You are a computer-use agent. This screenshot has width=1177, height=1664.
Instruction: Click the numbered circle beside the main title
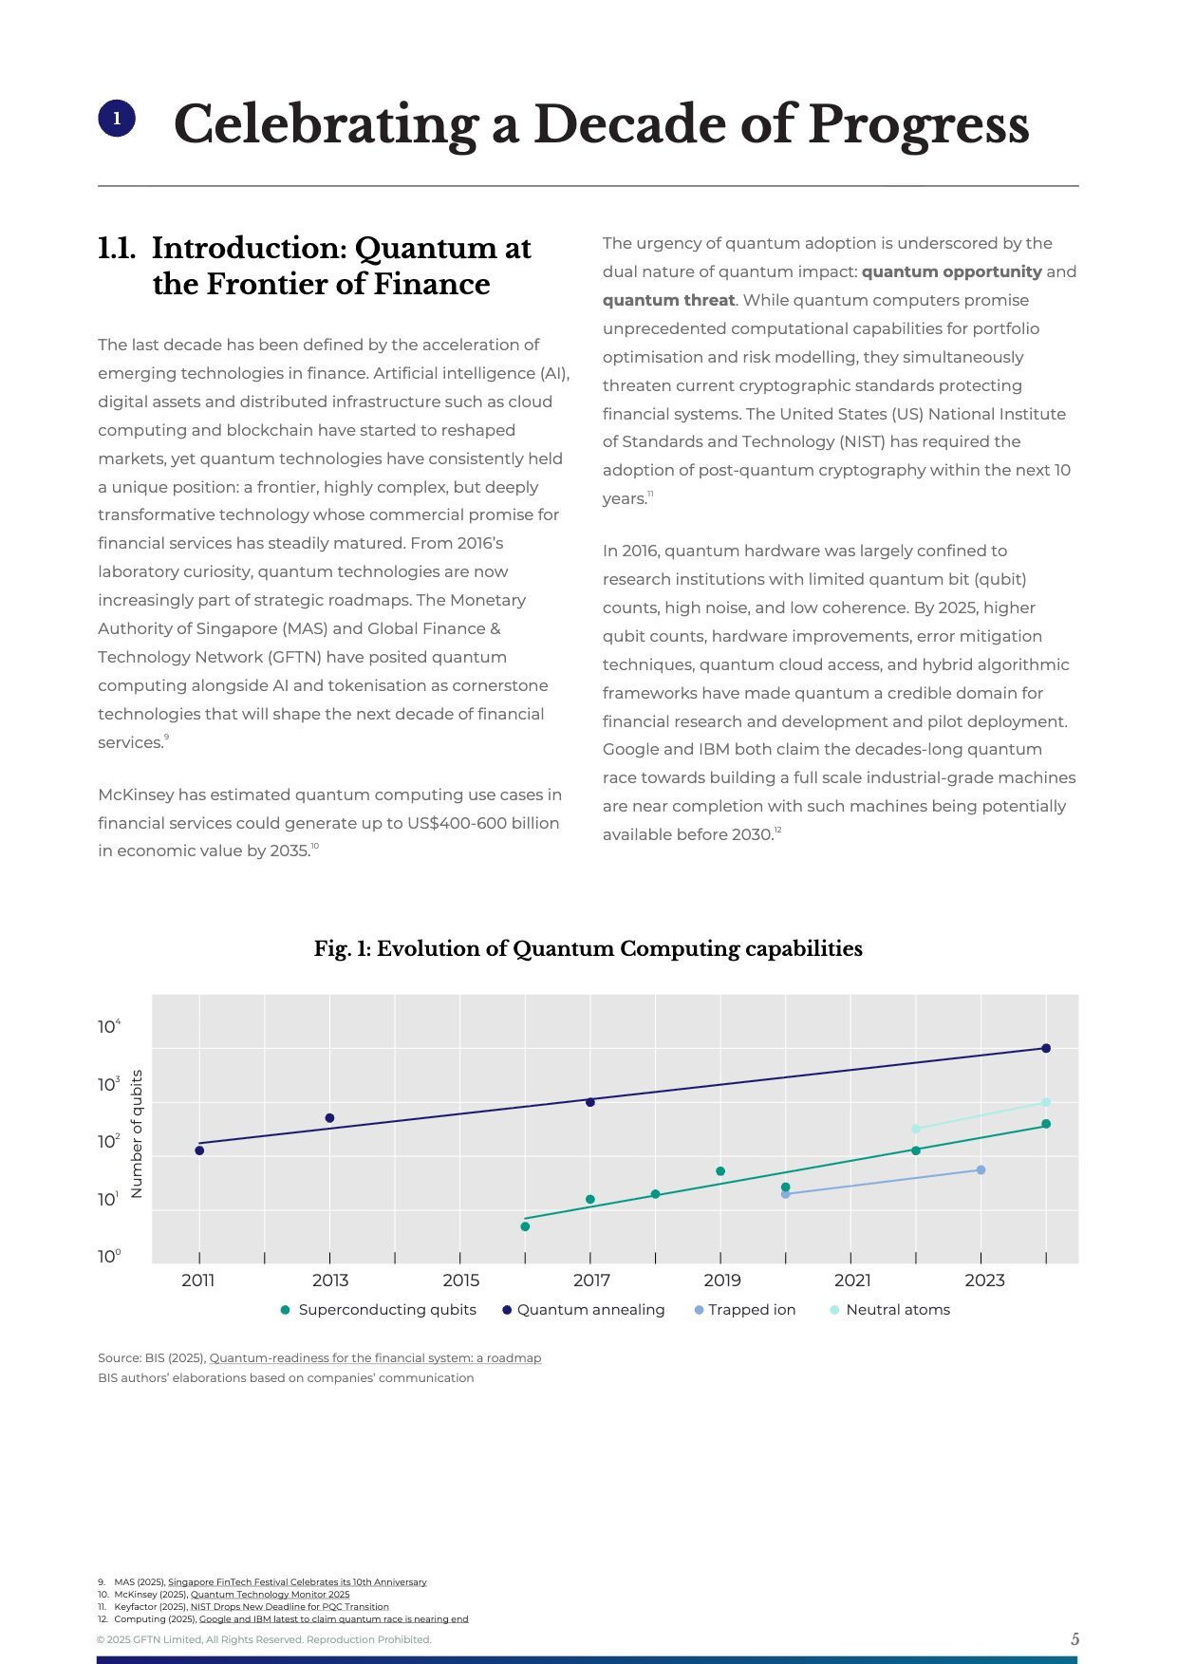pos(117,119)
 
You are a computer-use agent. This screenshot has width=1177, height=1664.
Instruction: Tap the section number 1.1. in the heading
pos(117,249)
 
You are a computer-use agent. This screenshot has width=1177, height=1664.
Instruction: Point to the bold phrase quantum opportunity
pos(951,271)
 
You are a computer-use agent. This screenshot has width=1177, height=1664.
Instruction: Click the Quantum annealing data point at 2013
pos(329,1118)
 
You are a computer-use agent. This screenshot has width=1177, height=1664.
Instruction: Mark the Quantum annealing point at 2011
pos(199,1150)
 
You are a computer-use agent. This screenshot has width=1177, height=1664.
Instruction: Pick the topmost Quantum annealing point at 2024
pos(1046,1048)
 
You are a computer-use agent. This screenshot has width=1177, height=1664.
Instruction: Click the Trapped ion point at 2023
pos(981,1169)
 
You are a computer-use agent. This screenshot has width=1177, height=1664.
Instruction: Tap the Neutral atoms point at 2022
pos(916,1129)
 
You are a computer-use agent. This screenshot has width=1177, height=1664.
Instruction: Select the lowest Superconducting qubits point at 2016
pos(525,1226)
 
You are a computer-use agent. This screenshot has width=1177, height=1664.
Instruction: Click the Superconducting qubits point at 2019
pos(720,1171)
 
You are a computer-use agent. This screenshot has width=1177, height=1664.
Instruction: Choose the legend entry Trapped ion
pos(751,1310)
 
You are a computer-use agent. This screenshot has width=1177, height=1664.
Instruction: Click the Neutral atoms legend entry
pos(897,1310)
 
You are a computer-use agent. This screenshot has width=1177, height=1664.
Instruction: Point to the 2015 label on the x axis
pos(461,1281)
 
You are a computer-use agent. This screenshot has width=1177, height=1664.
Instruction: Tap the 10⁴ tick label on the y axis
pos(109,1026)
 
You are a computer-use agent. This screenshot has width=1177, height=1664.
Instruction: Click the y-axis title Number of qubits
pos(137,1133)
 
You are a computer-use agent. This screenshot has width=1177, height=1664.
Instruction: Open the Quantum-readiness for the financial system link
pos(375,1358)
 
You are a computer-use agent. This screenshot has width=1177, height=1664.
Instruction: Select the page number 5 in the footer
pos(1074,1639)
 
